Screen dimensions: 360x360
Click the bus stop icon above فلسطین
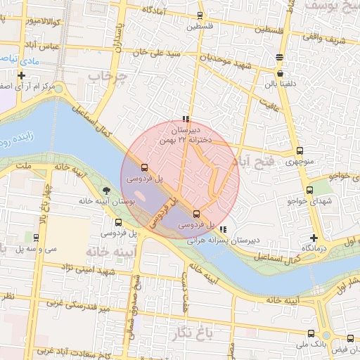200,15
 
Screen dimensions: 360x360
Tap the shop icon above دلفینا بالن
281,72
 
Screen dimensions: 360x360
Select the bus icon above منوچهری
300,150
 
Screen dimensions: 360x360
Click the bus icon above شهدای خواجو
309,190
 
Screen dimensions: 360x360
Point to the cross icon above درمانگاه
314,237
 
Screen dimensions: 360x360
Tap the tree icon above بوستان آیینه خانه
106,191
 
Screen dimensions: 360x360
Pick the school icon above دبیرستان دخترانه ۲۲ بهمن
186,119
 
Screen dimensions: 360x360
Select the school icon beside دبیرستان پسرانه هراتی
223,229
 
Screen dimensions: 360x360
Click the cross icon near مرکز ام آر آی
22,75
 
